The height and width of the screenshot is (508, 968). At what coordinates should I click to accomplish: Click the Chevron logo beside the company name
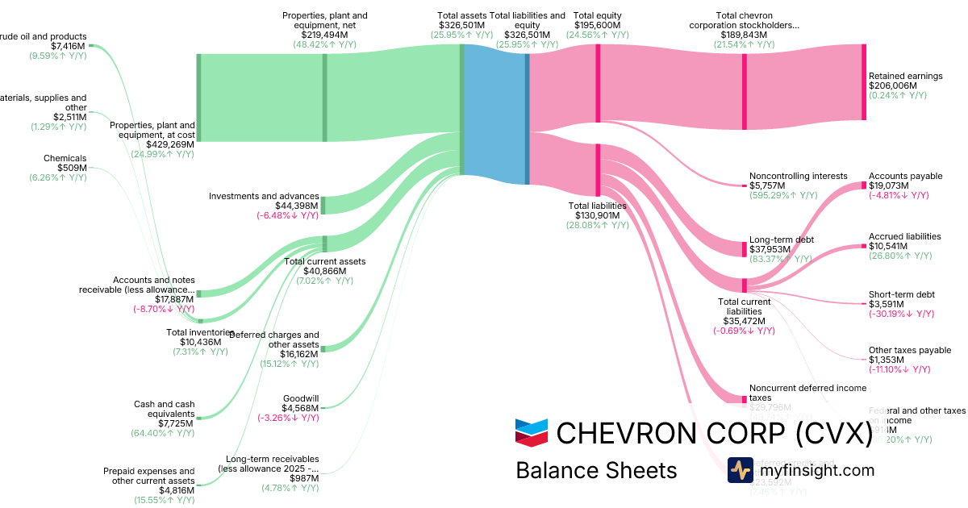tap(532, 433)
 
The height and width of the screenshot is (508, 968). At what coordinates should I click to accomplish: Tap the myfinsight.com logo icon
tap(740, 470)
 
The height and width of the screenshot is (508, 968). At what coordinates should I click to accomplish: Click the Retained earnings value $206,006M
tap(892, 85)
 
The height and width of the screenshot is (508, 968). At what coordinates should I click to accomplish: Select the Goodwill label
tap(301, 398)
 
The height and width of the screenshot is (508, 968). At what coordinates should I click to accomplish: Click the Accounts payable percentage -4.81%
tap(899, 195)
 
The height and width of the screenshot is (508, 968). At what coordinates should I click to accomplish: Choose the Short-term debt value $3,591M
tap(887, 304)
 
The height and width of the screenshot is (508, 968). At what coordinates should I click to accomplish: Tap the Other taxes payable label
tap(909, 351)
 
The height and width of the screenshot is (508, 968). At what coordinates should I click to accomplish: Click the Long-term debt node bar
tap(744, 248)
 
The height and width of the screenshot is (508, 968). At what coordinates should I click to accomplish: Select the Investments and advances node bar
tap(323, 205)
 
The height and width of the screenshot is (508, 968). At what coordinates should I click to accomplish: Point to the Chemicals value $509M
tap(70, 168)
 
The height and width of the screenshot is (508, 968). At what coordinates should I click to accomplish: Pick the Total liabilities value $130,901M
tap(598, 215)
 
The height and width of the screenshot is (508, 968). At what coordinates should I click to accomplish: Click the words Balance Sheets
tap(596, 470)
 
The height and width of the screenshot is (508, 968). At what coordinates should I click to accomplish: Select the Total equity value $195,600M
tap(597, 26)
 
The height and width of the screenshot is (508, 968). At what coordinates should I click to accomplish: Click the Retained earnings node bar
tap(863, 82)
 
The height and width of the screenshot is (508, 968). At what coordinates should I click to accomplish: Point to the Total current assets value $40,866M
tap(324, 271)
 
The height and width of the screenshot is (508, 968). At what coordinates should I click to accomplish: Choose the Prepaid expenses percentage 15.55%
tap(164, 500)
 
